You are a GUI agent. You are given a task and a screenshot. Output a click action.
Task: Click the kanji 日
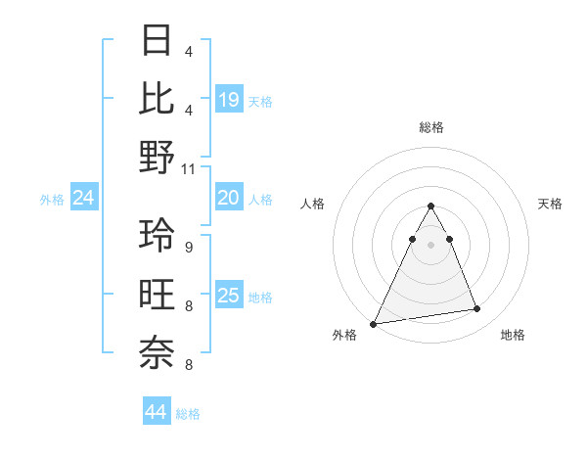click(x=158, y=41)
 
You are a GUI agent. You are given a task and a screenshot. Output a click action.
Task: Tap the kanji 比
click(x=158, y=98)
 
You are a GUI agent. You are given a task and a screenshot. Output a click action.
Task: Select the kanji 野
click(x=158, y=157)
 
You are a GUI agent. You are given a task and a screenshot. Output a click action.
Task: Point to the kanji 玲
click(x=158, y=235)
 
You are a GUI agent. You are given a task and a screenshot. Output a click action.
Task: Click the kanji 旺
click(x=158, y=294)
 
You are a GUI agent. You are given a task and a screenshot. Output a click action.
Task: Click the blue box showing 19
click(x=229, y=99)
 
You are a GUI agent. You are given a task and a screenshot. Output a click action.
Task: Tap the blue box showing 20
click(x=229, y=198)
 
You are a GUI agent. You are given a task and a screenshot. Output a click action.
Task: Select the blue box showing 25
click(x=229, y=296)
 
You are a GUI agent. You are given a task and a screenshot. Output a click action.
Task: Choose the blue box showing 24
click(x=83, y=199)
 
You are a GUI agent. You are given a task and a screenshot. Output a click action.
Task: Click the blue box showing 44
click(x=156, y=413)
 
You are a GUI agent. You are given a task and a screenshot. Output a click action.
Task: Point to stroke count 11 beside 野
click(x=189, y=168)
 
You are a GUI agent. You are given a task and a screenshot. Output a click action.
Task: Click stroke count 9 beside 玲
click(x=188, y=247)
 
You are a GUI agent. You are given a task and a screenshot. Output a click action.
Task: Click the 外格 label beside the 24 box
click(x=52, y=200)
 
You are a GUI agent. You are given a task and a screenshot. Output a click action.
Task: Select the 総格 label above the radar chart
click(x=430, y=128)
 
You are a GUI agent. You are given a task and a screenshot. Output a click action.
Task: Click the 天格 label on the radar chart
click(x=550, y=204)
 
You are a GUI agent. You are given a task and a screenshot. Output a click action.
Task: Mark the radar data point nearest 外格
click(x=374, y=323)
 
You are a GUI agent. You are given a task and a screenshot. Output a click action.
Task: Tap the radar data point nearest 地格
click(x=477, y=309)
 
